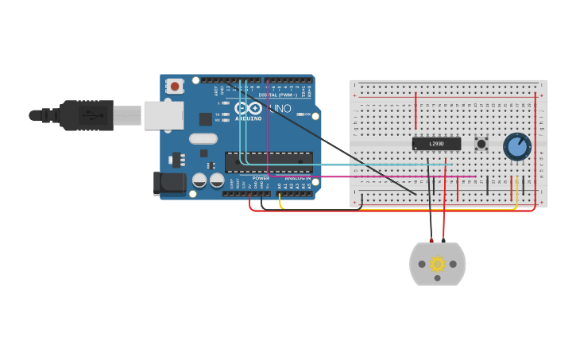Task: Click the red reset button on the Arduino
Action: [175, 85]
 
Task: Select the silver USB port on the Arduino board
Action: [163, 115]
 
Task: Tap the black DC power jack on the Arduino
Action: [169, 184]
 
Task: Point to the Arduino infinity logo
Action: [248, 108]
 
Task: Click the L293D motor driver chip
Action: [436, 144]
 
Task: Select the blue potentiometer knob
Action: [517, 146]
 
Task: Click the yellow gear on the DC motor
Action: [437, 264]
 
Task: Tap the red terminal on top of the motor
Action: [443, 239]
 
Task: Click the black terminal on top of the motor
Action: [431, 239]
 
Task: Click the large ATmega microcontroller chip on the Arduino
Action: [269, 162]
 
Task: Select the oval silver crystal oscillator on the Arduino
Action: [203, 138]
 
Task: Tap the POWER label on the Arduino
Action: [261, 178]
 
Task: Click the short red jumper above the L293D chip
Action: [416, 111]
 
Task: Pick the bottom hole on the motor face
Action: [437, 277]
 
